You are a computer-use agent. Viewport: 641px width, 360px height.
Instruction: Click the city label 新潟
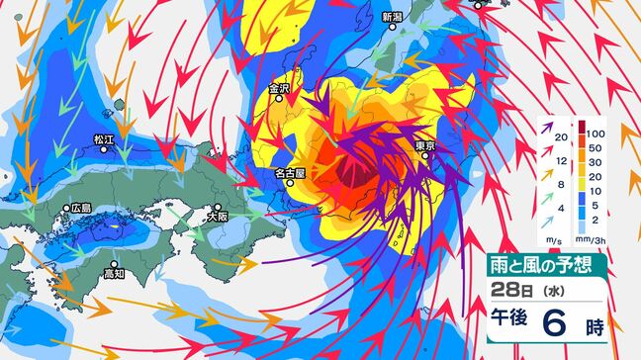click(393, 17)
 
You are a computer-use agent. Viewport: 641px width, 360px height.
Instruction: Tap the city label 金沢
click(280, 89)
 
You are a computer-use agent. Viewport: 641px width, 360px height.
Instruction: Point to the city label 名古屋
click(289, 172)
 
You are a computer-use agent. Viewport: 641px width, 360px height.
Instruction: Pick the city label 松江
click(104, 140)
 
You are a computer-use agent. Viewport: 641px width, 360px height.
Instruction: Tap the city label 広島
click(80, 209)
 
